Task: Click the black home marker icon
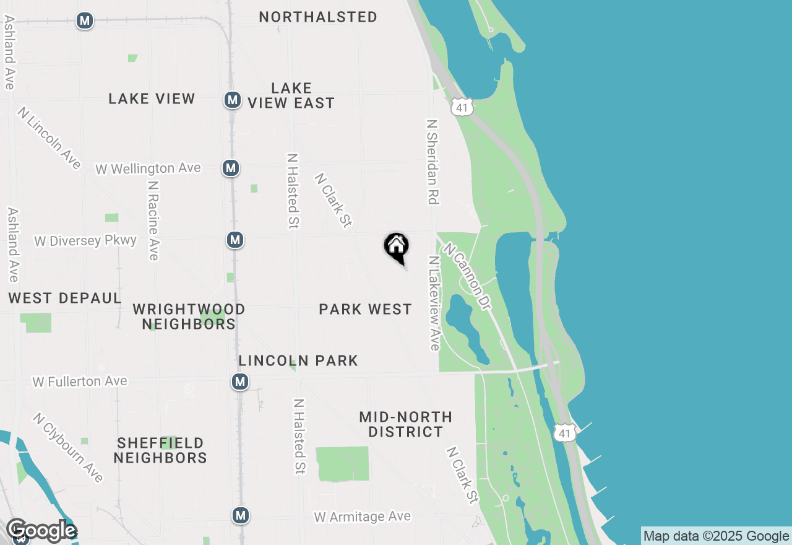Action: tap(397, 246)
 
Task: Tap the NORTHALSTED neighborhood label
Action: tap(318, 17)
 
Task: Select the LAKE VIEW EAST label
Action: tap(291, 95)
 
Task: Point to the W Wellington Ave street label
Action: tap(148, 168)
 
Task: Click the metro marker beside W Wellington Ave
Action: tap(231, 167)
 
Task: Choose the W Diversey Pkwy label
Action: tap(85, 240)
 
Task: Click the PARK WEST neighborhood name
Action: tap(365, 309)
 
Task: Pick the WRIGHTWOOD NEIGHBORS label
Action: tap(189, 316)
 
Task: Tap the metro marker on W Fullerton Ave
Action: tap(240, 381)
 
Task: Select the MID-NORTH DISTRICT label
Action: tap(405, 424)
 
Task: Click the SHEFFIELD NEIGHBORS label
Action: tap(160, 450)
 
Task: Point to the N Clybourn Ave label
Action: tap(68, 448)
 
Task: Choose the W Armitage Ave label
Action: tap(362, 517)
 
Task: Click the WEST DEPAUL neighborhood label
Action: tap(64, 298)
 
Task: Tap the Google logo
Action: tap(41, 531)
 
